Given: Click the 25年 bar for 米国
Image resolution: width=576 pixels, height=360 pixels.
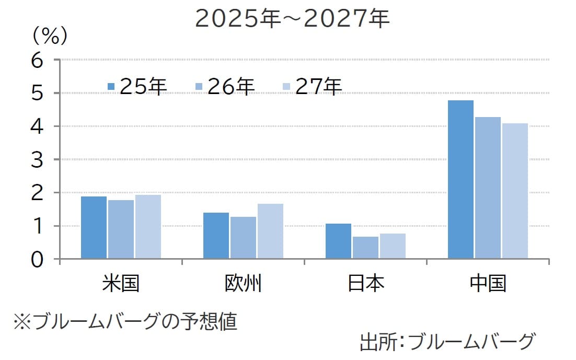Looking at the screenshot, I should [94, 227].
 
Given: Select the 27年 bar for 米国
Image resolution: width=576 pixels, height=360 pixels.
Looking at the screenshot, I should [148, 227].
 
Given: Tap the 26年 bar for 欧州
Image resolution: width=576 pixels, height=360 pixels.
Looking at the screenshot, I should [243, 238].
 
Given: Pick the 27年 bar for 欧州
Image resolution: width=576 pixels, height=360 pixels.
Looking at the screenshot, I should [270, 231].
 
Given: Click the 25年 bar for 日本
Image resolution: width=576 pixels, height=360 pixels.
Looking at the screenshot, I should [339, 241].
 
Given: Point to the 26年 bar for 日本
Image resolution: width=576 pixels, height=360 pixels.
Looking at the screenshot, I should [366, 248].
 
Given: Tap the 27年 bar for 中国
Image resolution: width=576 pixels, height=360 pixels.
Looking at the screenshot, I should [515, 191].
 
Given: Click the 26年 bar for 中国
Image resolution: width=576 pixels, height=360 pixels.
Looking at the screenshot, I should [488, 188].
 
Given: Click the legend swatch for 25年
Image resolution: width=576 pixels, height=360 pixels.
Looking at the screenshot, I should [111, 86].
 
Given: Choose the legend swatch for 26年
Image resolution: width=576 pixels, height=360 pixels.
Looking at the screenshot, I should [199, 86].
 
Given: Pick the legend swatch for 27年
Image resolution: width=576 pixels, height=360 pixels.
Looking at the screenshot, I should [286, 86].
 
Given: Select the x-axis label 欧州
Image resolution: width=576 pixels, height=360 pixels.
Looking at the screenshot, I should [243, 284].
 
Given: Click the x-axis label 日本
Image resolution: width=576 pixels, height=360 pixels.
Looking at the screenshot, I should [366, 284].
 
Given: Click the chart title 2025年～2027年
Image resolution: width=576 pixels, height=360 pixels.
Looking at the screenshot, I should [292, 19].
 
